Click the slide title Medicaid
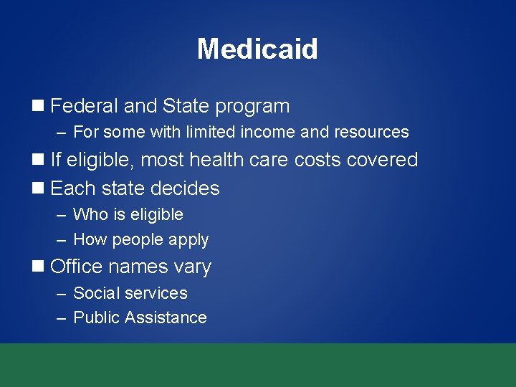point(257,49)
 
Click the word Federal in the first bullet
point(84,106)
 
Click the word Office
point(77,267)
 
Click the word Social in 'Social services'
point(96,293)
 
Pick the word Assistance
point(166,317)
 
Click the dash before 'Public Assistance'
point(62,318)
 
